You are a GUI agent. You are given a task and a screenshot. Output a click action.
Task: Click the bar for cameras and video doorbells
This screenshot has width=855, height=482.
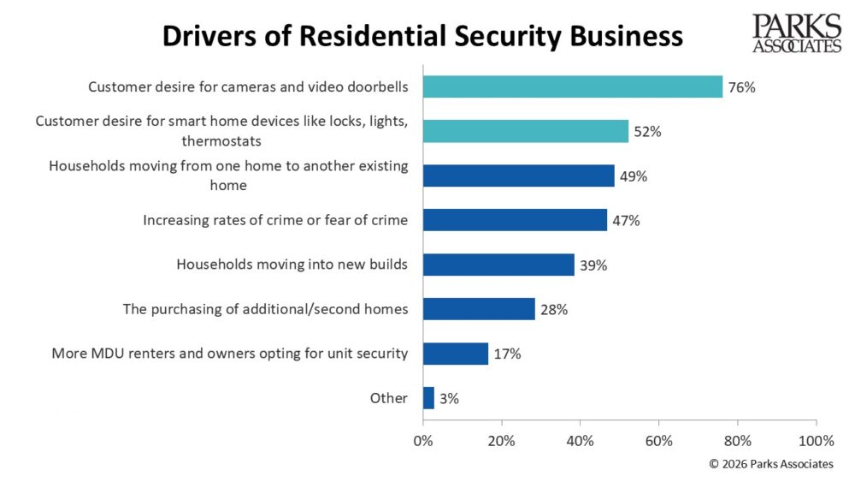click(572, 86)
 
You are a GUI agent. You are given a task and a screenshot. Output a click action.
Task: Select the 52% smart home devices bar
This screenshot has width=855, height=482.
click(525, 131)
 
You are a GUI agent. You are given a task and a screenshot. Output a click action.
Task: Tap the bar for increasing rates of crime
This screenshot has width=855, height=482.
click(515, 220)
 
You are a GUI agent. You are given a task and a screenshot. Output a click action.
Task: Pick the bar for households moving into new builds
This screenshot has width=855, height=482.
click(498, 265)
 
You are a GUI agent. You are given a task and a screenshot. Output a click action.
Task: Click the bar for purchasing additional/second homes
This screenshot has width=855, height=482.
click(478, 309)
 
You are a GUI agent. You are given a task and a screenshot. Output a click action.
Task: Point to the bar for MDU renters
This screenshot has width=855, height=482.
click(456, 354)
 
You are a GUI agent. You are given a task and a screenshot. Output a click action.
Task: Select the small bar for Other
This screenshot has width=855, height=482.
click(428, 398)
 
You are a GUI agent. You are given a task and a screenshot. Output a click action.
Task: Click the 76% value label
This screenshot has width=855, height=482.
click(742, 87)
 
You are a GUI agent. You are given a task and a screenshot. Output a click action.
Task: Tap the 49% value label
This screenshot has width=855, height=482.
click(634, 176)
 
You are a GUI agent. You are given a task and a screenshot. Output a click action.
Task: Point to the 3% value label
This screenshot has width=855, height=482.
click(450, 398)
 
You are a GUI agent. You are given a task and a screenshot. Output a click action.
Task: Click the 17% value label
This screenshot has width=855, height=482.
click(507, 354)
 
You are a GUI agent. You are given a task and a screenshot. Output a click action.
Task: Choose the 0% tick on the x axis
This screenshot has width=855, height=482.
click(423, 442)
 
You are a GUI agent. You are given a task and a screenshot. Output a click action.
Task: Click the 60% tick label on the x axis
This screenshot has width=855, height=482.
click(659, 442)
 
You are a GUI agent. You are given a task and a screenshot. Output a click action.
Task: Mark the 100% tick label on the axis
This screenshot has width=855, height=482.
click(817, 442)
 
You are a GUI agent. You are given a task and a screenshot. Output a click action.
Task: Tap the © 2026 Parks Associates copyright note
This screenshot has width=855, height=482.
click(771, 464)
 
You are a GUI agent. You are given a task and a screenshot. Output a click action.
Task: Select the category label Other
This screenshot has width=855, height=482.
click(390, 398)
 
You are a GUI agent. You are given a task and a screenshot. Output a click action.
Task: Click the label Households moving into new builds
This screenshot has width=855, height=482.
click(292, 265)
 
